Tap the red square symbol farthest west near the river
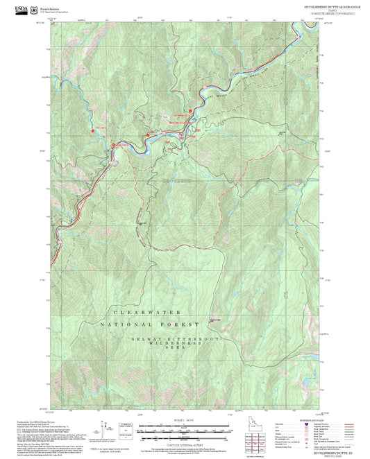point(92,129)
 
